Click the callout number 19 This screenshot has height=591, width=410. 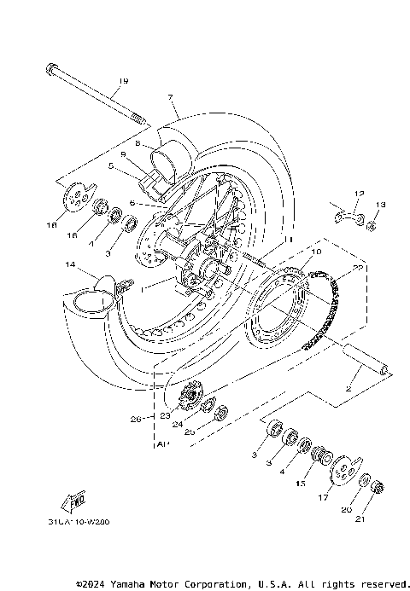[123, 81]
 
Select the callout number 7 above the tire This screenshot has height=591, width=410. [171, 97]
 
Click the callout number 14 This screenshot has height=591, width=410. [69, 265]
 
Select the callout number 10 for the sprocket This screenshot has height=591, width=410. [316, 252]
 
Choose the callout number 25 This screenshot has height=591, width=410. [190, 432]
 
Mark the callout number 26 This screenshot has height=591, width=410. [135, 419]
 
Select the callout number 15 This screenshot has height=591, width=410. [300, 484]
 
